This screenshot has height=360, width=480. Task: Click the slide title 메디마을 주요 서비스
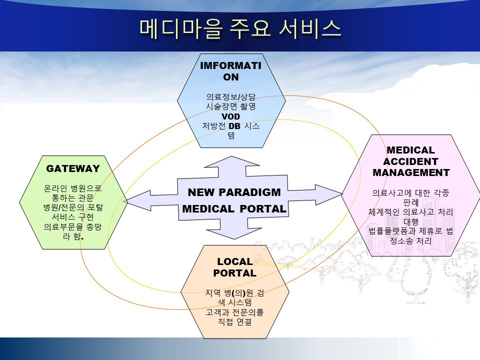240,28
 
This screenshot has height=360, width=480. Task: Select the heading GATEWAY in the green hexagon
73,168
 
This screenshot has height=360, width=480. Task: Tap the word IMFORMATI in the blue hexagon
231,65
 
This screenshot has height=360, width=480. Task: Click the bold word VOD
231,116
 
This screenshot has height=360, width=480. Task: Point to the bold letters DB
234,126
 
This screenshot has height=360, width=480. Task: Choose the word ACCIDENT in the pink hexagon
411,161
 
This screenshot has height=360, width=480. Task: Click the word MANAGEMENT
411,172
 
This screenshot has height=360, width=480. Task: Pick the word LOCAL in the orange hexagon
235,261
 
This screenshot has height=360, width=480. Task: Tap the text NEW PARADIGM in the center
234,192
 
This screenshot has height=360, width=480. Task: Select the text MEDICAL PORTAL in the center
234,209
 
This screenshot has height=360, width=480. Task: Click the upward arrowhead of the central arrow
231,161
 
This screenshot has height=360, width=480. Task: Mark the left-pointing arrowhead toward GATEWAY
138,201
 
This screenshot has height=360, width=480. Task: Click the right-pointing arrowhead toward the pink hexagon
329,194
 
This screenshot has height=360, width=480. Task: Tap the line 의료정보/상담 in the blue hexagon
231,97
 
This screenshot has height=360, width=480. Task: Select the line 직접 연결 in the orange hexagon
235,321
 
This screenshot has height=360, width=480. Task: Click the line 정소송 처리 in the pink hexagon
410,241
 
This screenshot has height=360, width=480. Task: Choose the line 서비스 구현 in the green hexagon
73,217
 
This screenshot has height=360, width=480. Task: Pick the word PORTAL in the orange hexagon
235,273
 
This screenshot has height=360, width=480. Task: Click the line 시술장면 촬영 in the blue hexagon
231,106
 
